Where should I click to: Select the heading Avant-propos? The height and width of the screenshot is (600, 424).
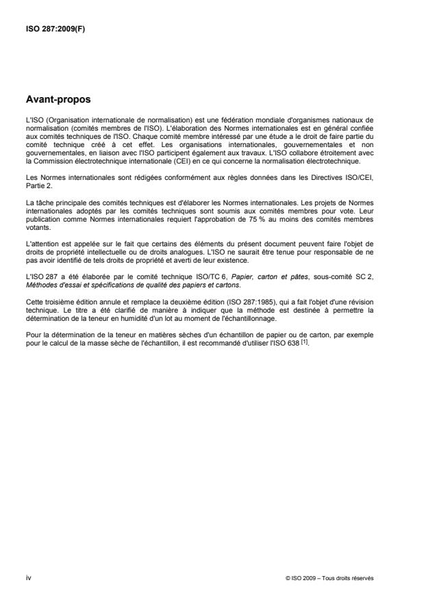pos(59,99)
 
